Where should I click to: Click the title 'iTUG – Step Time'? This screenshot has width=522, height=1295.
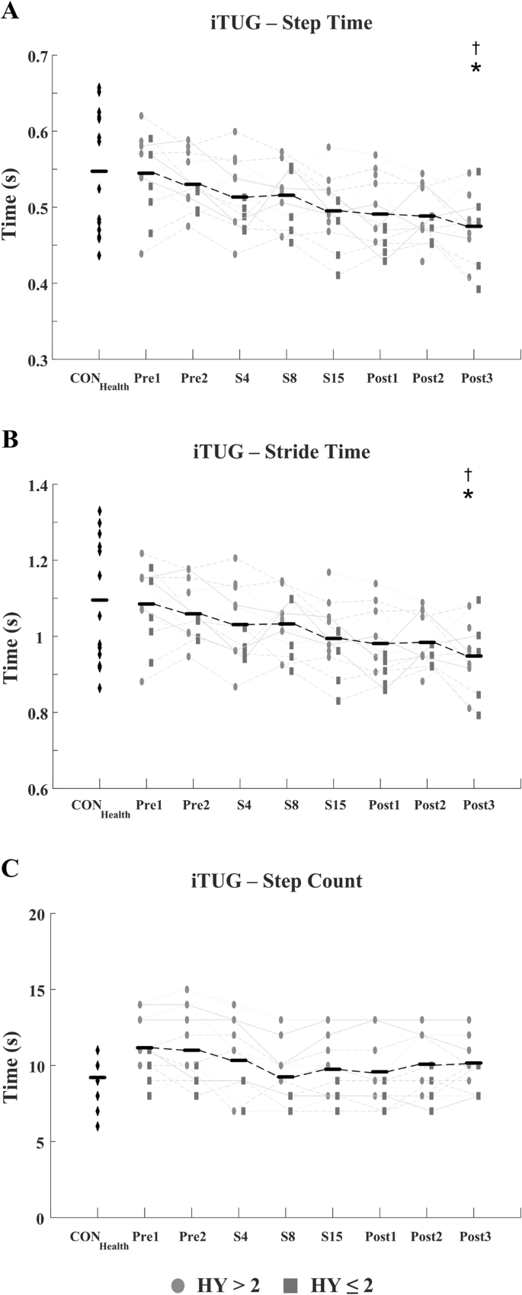click(291, 23)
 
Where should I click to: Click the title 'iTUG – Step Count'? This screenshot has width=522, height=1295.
click(277, 881)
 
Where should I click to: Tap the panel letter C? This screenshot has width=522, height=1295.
click(9, 869)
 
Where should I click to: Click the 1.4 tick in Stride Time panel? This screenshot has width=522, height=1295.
click(37, 485)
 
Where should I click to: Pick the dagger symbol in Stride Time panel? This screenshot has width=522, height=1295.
click(469, 475)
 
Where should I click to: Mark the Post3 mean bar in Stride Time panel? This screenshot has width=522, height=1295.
click(474, 655)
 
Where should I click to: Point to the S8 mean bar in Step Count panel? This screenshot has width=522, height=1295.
click(286, 1077)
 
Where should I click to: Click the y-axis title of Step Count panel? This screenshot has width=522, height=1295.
click(11, 1066)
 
